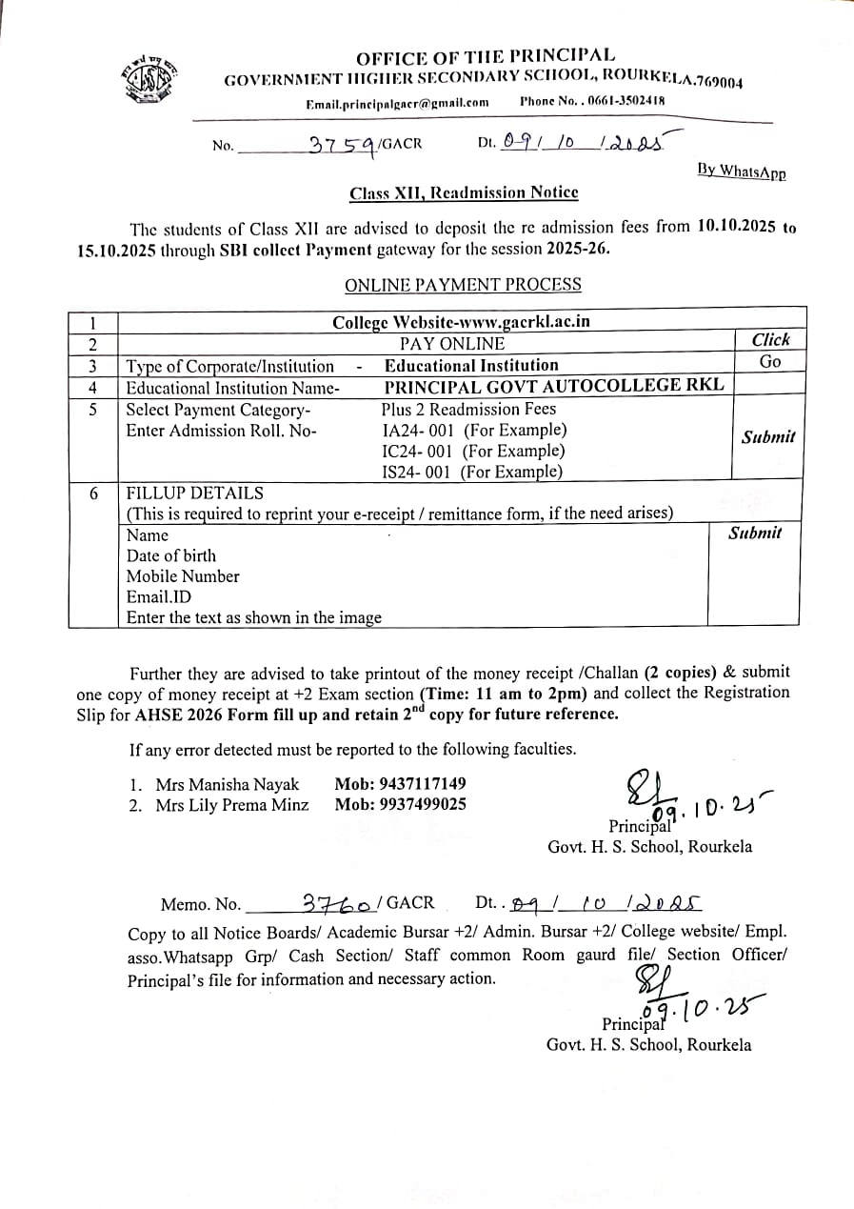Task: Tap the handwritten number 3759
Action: pyautogui.click(x=342, y=145)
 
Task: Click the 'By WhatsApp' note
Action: pyautogui.click(x=741, y=171)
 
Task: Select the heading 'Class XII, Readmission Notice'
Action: pyautogui.click(x=464, y=192)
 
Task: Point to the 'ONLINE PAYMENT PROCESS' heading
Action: pyautogui.click(x=463, y=285)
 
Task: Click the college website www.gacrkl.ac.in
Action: pyautogui.click(x=461, y=321)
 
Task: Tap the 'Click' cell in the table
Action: pyautogui.click(x=770, y=340)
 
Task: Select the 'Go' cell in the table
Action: pyautogui.click(x=770, y=362)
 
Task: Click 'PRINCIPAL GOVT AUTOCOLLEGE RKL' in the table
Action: pyautogui.click(x=553, y=386)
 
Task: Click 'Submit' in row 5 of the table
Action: pyautogui.click(x=768, y=437)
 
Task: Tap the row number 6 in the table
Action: pyautogui.click(x=92, y=494)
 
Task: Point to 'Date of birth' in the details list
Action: pyautogui.click(x=171, y=555)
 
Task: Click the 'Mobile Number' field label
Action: pyautogui.click(x=183, y=576)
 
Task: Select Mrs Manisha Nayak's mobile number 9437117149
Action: pyautogui.click(x=400, y=784)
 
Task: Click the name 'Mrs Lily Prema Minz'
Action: pyautogui.click(x=232, y=805)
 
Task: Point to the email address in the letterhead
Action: pyautogui.click(x=397, y=103)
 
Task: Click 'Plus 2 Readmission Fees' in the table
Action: pyautogui.click(x=468, y=409)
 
